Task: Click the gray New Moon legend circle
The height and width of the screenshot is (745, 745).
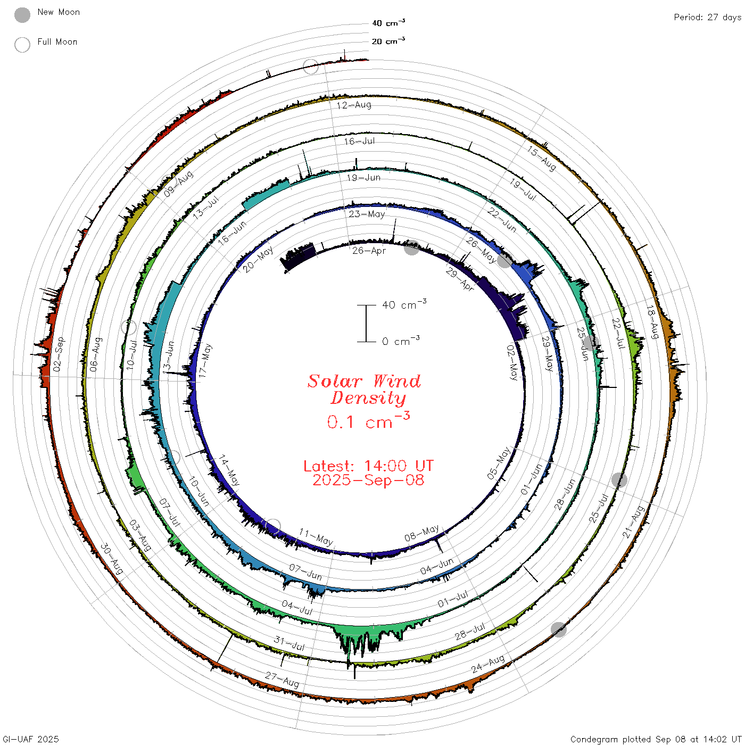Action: [22, 15]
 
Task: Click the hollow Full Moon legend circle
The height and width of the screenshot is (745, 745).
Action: [22, 45]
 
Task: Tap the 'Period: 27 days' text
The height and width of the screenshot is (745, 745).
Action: [708, 18]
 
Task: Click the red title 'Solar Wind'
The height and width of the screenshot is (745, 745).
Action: [364, 381]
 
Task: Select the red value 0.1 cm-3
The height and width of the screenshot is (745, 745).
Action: [368, 420]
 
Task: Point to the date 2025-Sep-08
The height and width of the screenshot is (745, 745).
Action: [368, 480]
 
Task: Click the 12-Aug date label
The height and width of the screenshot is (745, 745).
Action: [354, 105]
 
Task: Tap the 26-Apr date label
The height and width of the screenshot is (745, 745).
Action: [369, 251]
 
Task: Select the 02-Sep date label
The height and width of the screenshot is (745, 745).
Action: [59, 354]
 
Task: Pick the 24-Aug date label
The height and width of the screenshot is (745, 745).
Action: [489, 664]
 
